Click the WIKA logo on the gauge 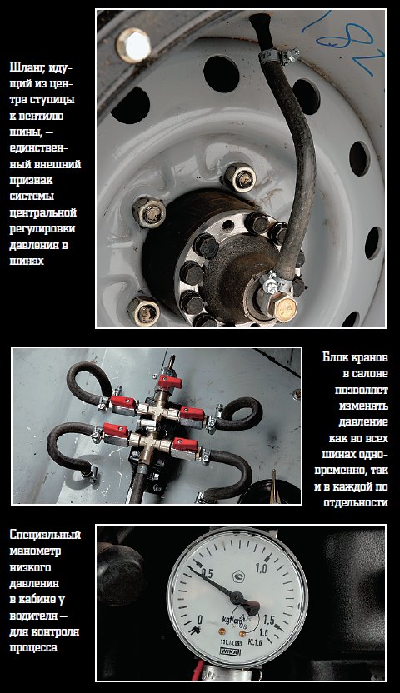point(230,652)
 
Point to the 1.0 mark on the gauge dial point(261,568)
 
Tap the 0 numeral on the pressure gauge point(200,620)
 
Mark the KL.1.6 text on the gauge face point(255,642)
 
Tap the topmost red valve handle point(170,381)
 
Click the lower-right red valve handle point(185,444)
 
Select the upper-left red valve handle point(123,402)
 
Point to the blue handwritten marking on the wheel point(342,41)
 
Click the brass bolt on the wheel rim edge point(133,45)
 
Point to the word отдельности point(356,502)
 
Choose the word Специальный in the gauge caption point(45,535)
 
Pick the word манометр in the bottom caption point(35,551)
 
